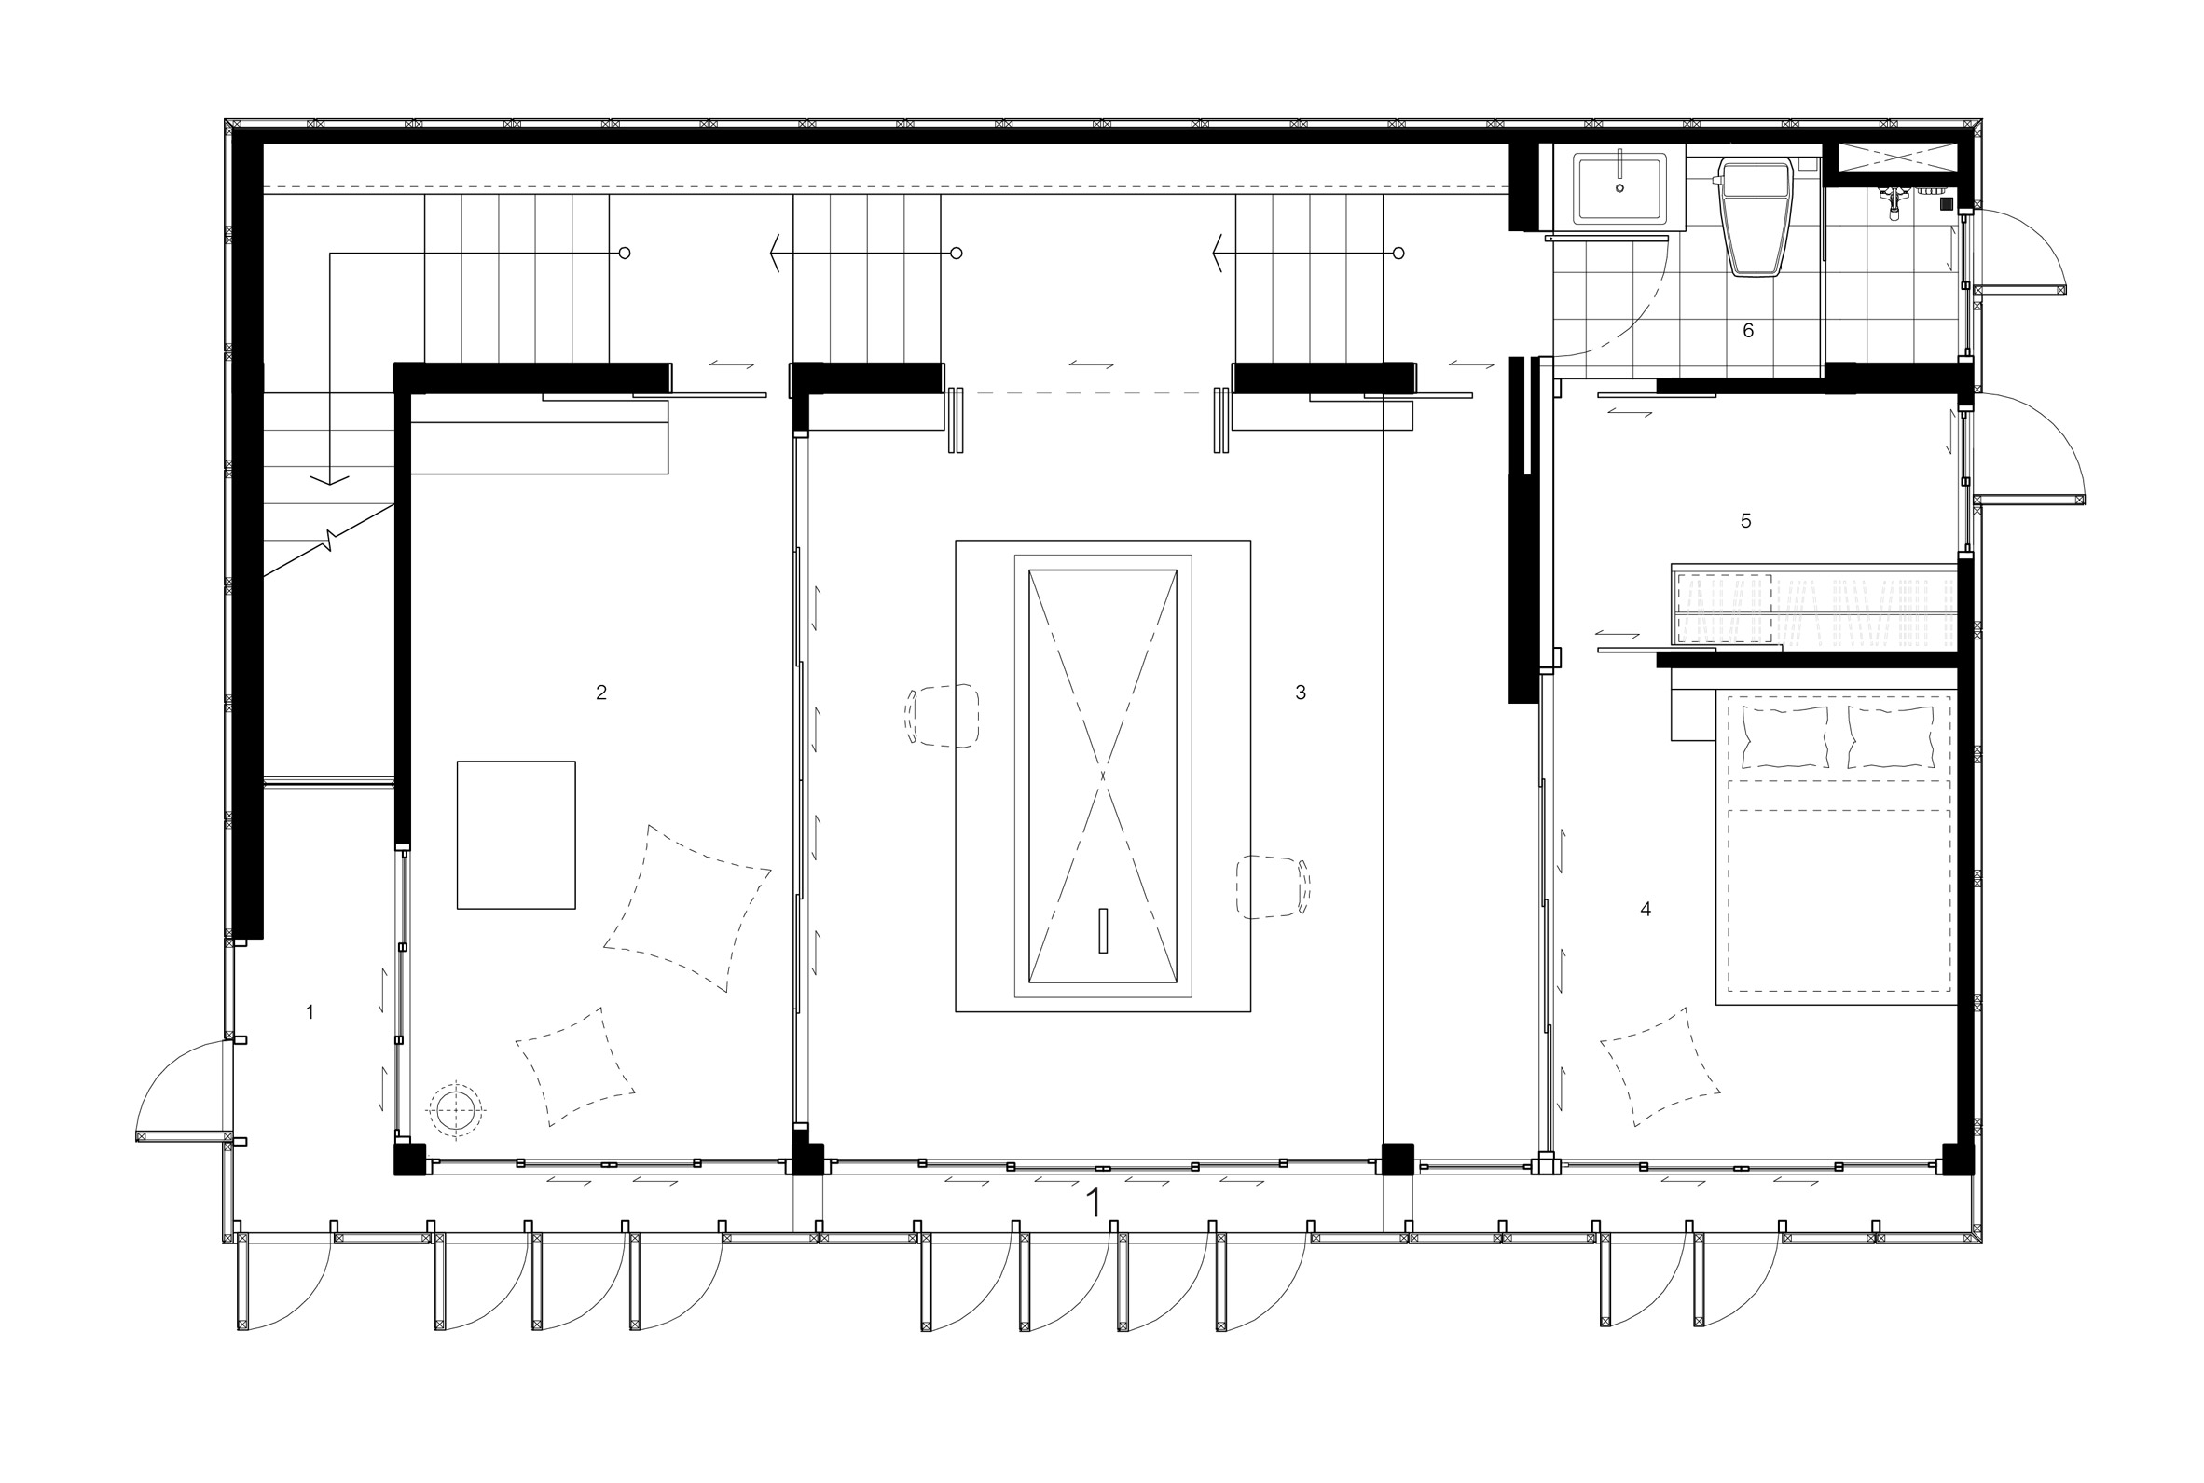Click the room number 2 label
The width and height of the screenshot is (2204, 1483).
pos(600,693)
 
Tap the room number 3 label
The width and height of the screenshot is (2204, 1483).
pos(1301,693)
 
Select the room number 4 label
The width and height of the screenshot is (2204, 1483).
pos(1646,909)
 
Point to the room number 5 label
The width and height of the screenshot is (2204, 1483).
pos(1746,520)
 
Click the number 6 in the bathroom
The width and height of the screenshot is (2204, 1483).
pos(1748,330)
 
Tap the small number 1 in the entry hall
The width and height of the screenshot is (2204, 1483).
pos(310,1012)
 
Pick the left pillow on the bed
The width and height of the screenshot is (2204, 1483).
pos(1784,736)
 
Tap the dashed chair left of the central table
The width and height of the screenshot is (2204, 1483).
pos(943,716)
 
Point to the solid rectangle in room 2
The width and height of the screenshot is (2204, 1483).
pos(517,835)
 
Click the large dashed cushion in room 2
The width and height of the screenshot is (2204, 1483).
pos(688,909)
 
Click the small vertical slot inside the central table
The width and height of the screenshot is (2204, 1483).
pos(1103,930)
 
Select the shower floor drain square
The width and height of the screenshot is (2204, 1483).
pos(1947,202)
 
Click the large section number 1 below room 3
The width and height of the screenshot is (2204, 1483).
pos(1095,1203)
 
